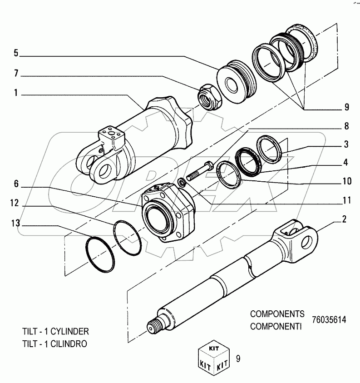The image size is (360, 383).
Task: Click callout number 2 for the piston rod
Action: click(x=344, y=220)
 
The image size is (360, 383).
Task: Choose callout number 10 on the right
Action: click(x=345, y=181)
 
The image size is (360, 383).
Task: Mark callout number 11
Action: click(x=345, y=199)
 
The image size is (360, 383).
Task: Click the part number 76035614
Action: click(x=329, y=319)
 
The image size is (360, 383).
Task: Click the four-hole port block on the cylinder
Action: click(x=109, y=137)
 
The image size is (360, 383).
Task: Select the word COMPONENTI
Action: click(x=277, y=326)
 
